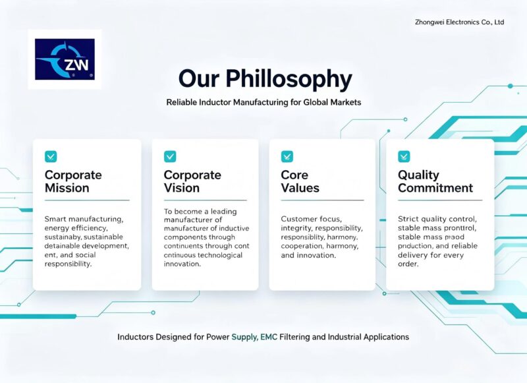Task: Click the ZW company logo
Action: (65, 59)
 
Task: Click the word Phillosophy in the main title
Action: (289, 80)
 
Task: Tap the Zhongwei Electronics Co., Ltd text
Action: (459, 22)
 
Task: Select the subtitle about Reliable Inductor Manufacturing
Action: (264, 102)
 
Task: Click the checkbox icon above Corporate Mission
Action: (51, 156)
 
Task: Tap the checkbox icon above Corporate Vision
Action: (170, 156)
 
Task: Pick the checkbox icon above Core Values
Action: (287, 156)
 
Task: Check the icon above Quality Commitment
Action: (404, 156)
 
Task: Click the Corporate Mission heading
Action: (73, 181)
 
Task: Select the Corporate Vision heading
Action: (192, 181)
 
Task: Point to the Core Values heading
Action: (300, 181)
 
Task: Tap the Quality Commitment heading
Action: (435, 181)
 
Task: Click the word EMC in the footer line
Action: (269, 337)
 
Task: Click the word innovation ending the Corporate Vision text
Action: (182, 264)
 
